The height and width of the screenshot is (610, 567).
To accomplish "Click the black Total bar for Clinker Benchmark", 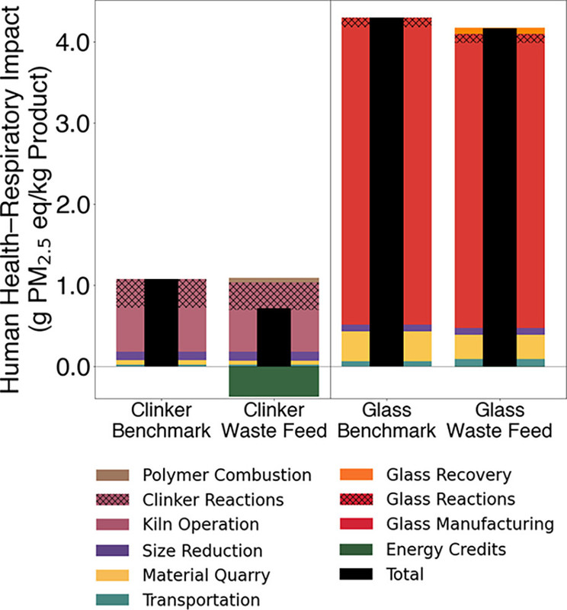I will tap(162, 323).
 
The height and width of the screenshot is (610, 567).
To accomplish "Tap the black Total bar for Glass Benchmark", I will tap(386, 191).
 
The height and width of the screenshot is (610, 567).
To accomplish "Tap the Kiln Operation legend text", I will tap(200, 525).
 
